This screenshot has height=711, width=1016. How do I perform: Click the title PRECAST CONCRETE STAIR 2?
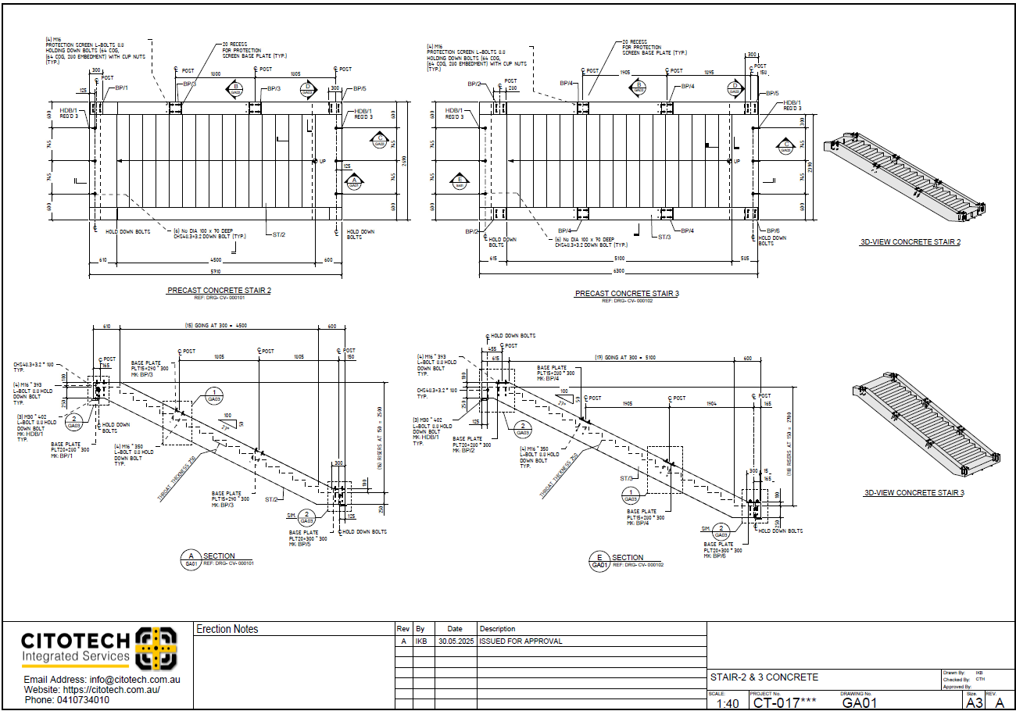[219, 290]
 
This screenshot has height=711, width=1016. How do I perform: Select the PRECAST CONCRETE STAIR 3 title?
[627, 294]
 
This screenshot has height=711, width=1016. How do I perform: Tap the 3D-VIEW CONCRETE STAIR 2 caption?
[910, 242]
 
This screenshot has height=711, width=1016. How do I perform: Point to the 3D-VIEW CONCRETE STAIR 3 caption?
[914, 493]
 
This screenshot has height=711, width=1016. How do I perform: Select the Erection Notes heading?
[227, 629]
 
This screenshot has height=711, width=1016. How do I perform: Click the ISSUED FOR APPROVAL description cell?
[521, 641]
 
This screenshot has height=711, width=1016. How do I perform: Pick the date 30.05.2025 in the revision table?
[454, 641]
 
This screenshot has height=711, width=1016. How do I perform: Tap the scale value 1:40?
[727, 703]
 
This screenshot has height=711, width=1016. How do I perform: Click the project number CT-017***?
[784, 702]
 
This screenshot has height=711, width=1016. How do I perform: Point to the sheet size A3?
[974, 702]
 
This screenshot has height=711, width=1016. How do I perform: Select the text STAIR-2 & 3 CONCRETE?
[764, 677]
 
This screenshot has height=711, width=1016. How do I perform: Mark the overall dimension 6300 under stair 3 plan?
[618, 272]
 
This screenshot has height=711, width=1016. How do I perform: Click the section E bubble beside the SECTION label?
[599, 560]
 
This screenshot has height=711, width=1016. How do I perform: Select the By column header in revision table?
[420, 629]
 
